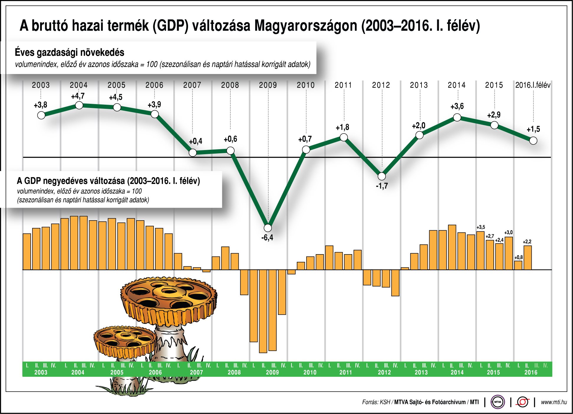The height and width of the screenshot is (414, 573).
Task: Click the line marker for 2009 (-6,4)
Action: pyautogui.click(x=268, y=228)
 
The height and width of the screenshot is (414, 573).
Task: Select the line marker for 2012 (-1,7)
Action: pyautogui.click(x=382, y=176)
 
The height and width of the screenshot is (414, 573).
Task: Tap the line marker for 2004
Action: pyautogui.click(x=79, y=105)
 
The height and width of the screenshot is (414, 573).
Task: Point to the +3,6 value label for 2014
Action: pyautogui.click(x=457, y=106)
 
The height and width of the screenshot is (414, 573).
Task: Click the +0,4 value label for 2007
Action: pyautogui.click(x=195, y=141)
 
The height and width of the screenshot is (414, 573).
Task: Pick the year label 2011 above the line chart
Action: pyautogui.click(x=343, y=85)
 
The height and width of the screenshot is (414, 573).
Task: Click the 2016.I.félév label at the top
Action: pyautogui.click(x=533, y=85)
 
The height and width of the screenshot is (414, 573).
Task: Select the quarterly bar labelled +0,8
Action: pyautogui.click(x=518, y=265)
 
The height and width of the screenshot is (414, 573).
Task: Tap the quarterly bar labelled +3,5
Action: pyautogui.click(x=480, y=251)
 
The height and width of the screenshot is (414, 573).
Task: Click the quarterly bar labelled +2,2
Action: pyautogui.click(x=528, y=258)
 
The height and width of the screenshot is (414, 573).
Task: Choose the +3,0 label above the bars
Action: pyautogui.click(x=508, y=232)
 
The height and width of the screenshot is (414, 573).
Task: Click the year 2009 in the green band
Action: pyautogui.click(x=272, y=372)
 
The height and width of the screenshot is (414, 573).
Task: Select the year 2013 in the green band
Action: pyautogui.click(x=421, y=372)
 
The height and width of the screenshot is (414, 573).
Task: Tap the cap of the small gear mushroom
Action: pyautogui.click(x=125, y=341)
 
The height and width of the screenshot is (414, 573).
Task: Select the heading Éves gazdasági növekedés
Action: pyautogui.click(x=70, y=52)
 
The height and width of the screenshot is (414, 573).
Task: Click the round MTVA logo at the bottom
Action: pyautogui.click(x=498, y=402)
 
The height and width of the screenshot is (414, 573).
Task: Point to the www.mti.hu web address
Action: pyautogui.click(x=554, y=402)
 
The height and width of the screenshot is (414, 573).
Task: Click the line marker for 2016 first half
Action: pyautogui.click(x=533, y=141)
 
